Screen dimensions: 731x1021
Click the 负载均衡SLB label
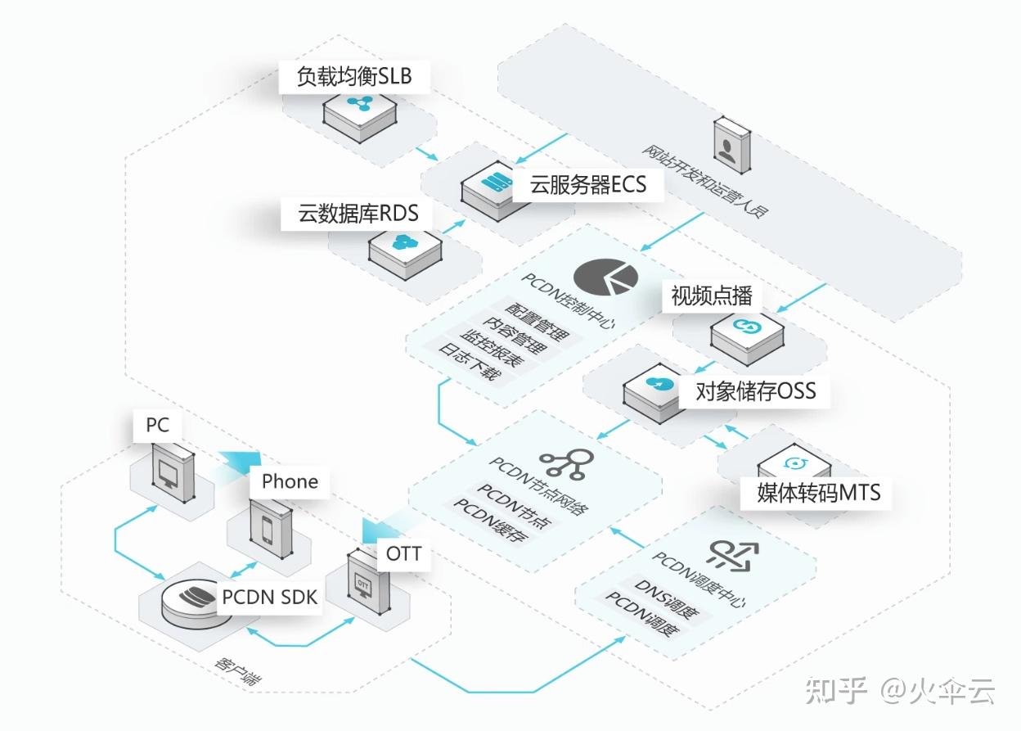(353, 77)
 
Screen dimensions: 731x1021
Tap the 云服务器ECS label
(587, 185)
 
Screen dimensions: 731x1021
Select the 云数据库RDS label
(358, 214)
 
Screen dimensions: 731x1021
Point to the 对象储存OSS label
(755, 390)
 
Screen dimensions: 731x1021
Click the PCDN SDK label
(269, 597)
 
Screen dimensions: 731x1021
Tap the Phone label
(290, 481)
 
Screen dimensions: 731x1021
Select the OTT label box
(403, 554)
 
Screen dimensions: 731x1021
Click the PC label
(158, 425)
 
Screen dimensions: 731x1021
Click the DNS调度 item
(663, 595)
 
